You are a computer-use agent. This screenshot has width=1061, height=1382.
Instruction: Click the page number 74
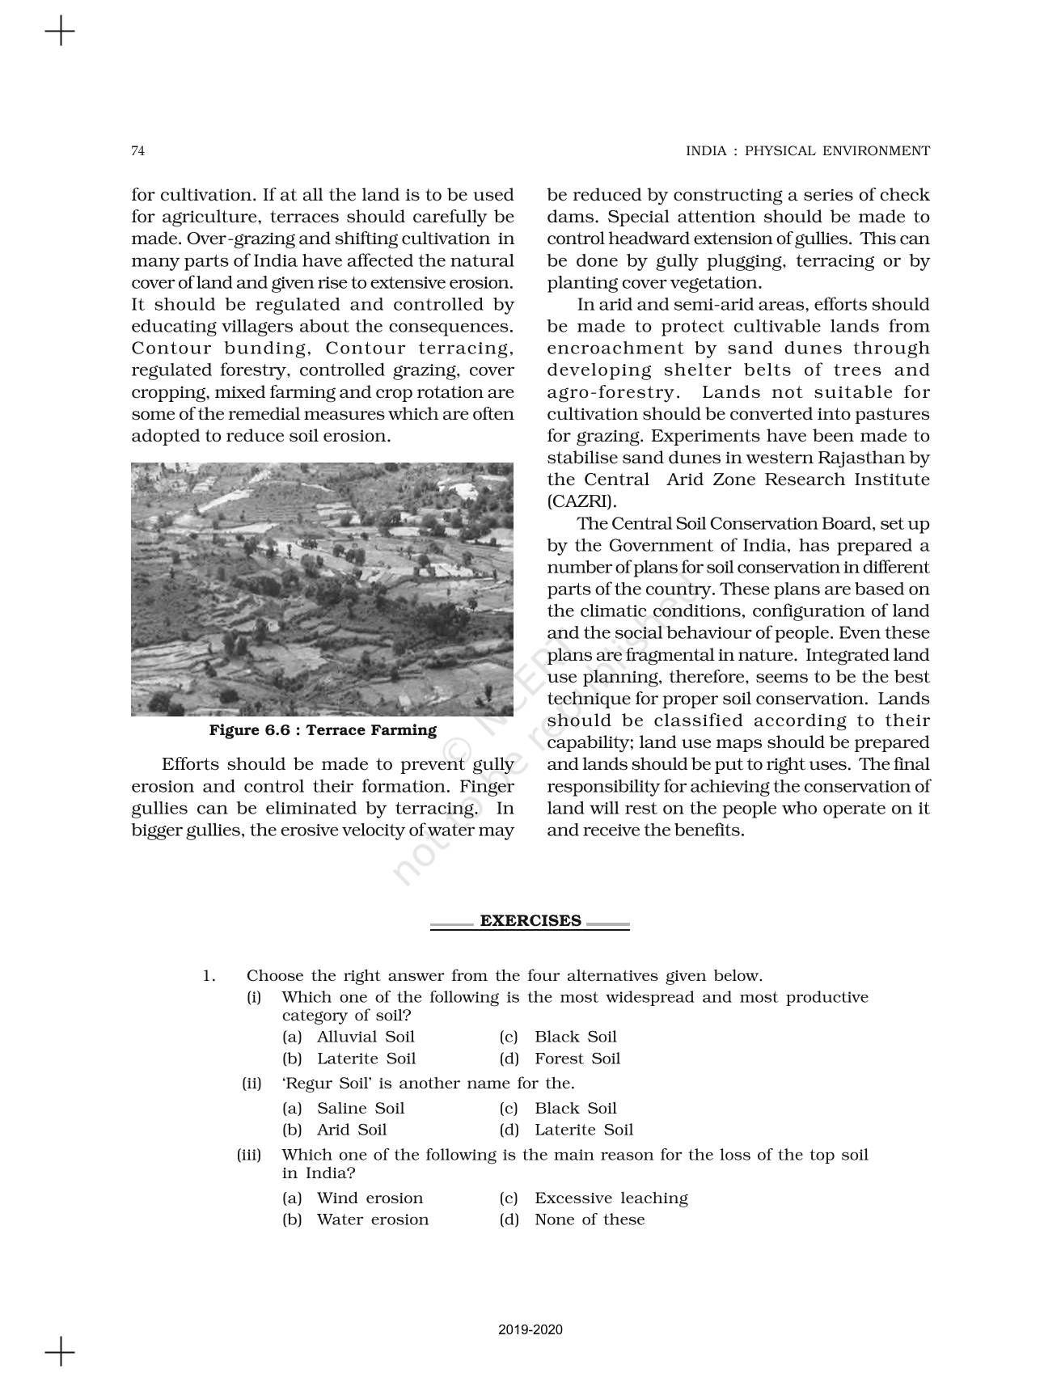pos(137,151)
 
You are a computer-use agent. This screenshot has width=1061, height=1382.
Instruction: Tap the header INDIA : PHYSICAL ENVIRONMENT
pos(807,151)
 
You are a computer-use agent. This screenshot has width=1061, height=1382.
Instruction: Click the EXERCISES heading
pos(530,921)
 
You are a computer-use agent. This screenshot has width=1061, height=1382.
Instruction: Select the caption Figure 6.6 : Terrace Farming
pos(323,730)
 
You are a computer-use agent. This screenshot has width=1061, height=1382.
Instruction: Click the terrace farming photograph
pos(322,589)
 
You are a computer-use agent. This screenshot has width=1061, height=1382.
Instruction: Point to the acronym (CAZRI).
pos(581,501)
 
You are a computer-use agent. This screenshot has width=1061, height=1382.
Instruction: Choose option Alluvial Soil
pos(365,1038)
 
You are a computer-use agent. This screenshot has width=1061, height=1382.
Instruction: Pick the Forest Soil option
pos(577,1059)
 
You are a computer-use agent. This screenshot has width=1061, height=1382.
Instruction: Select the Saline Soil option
pos(360,1109)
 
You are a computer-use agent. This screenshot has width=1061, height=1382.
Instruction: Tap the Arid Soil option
pos(351,1131)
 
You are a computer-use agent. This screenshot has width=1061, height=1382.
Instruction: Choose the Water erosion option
pos(372,1220)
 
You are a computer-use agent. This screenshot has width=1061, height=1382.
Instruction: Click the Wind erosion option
pos(370,1198)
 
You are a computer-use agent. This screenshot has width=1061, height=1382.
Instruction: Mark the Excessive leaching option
pos(611,1198)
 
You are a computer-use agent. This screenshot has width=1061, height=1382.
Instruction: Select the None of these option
pos(590,1220)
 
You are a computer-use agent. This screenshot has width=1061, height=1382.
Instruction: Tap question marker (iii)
pos(248,1156)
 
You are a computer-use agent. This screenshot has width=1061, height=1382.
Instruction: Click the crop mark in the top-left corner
pos(60,33)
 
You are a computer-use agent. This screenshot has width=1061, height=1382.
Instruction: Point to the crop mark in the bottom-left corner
pos(60,1351)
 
